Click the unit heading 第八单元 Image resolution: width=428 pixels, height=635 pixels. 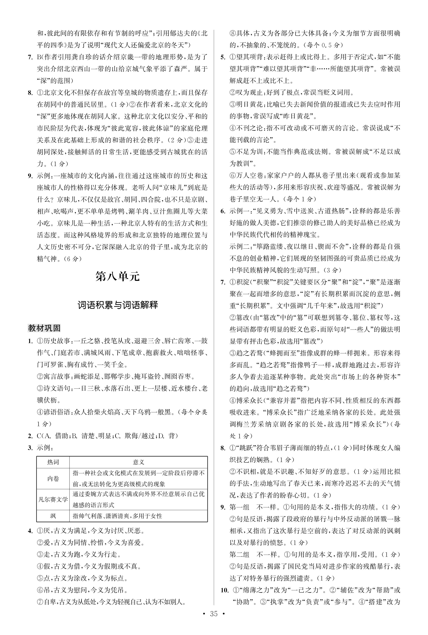click(117, 277)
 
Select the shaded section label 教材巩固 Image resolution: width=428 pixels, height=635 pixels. click(44, 328)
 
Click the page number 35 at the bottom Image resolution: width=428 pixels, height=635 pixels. click(214, 621)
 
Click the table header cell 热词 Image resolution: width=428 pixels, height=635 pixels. click(53, 462)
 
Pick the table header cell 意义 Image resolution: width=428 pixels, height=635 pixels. click(138, 462)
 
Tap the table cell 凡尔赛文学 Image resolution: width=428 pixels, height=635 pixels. click(53, 499)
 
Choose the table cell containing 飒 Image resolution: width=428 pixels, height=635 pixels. click(53, 516)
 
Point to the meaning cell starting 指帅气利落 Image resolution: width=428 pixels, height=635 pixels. click(117, 516)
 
